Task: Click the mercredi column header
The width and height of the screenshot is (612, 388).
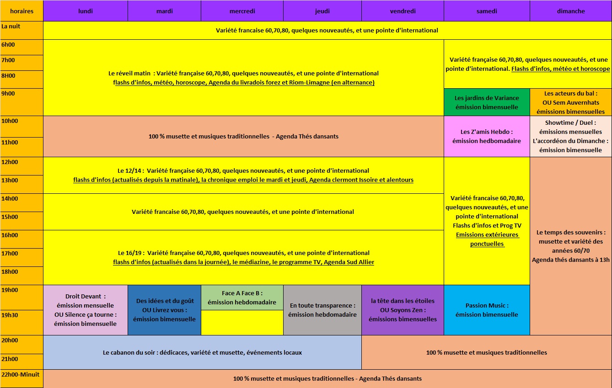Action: [x=242, y=11]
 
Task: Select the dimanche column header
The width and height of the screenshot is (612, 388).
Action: [x=570, y=11]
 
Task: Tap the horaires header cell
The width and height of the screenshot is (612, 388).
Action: [x=21, y=11]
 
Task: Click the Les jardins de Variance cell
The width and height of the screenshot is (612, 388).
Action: [x=486, y=102]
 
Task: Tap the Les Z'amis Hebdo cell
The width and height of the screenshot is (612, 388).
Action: [x=486, y=136]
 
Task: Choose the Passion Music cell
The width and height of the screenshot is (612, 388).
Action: [x=486, y=310]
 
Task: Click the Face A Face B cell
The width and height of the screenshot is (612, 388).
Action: [x=242, y=298]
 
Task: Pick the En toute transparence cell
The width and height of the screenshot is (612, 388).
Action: [x=322, y=310]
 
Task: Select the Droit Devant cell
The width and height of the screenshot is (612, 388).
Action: [x=85, y=310]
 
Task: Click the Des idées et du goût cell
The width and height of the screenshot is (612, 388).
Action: [x=164, y=310]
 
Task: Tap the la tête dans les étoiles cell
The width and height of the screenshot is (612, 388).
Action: [x=403, y=310]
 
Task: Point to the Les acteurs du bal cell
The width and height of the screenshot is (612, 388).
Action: [x=570, y=102]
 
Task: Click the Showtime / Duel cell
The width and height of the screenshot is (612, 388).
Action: [x=570, y=136]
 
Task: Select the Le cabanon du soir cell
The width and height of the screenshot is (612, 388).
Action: [x=202, y=352]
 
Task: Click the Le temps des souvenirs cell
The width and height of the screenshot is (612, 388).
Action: [x=570, y=246]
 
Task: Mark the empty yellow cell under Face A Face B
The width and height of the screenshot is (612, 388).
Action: [x=242, y=323]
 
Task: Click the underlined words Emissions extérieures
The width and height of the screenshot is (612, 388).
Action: [x=487, y=235]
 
